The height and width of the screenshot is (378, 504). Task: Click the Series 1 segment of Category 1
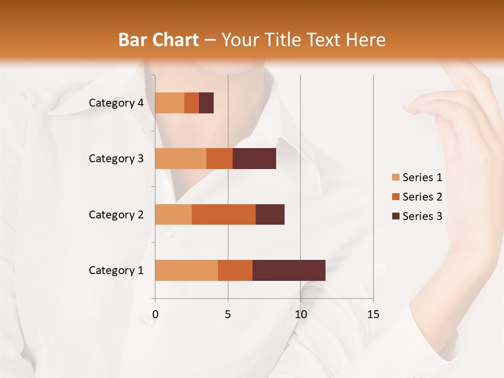[186, 270]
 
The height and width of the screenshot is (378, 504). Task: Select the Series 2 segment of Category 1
[235, 270]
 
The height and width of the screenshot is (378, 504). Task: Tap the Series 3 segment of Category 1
[289, 270]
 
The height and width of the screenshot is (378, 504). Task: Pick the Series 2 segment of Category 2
[224, 214]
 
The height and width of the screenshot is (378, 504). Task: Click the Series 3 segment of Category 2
[270, 214]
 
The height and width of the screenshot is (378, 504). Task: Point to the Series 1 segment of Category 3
[181, 159]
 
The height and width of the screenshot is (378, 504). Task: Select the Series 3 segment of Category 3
[254, 159]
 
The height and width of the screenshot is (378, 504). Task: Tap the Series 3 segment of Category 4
[206, 103]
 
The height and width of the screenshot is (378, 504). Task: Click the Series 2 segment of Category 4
[192, 103]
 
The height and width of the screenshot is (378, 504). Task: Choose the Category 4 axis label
[116, 103]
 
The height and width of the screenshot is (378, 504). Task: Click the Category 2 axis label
[116, 214]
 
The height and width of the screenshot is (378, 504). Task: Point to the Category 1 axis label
[116, 270]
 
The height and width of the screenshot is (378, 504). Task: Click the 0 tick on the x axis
[155, 314]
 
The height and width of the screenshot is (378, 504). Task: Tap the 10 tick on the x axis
[300, 314]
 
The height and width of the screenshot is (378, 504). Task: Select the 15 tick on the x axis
[373, 314]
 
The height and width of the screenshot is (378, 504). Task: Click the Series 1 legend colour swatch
[395, 177]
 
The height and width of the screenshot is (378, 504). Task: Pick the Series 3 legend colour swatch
[395, 216]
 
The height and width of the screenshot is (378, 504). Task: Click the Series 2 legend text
[422, 197]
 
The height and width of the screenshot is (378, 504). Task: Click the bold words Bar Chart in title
[159, 40]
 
